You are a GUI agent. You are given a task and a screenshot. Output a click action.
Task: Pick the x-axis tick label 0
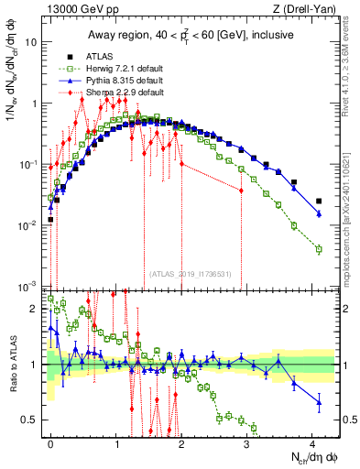(51, 442)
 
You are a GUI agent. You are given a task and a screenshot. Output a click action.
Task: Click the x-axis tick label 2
(182, 442)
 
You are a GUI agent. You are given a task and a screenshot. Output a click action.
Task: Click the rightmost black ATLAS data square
(319, 201)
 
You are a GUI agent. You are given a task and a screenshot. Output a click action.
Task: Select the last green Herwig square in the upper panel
(319, 249)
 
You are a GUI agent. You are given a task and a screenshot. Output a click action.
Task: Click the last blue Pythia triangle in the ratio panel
(319, 401)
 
